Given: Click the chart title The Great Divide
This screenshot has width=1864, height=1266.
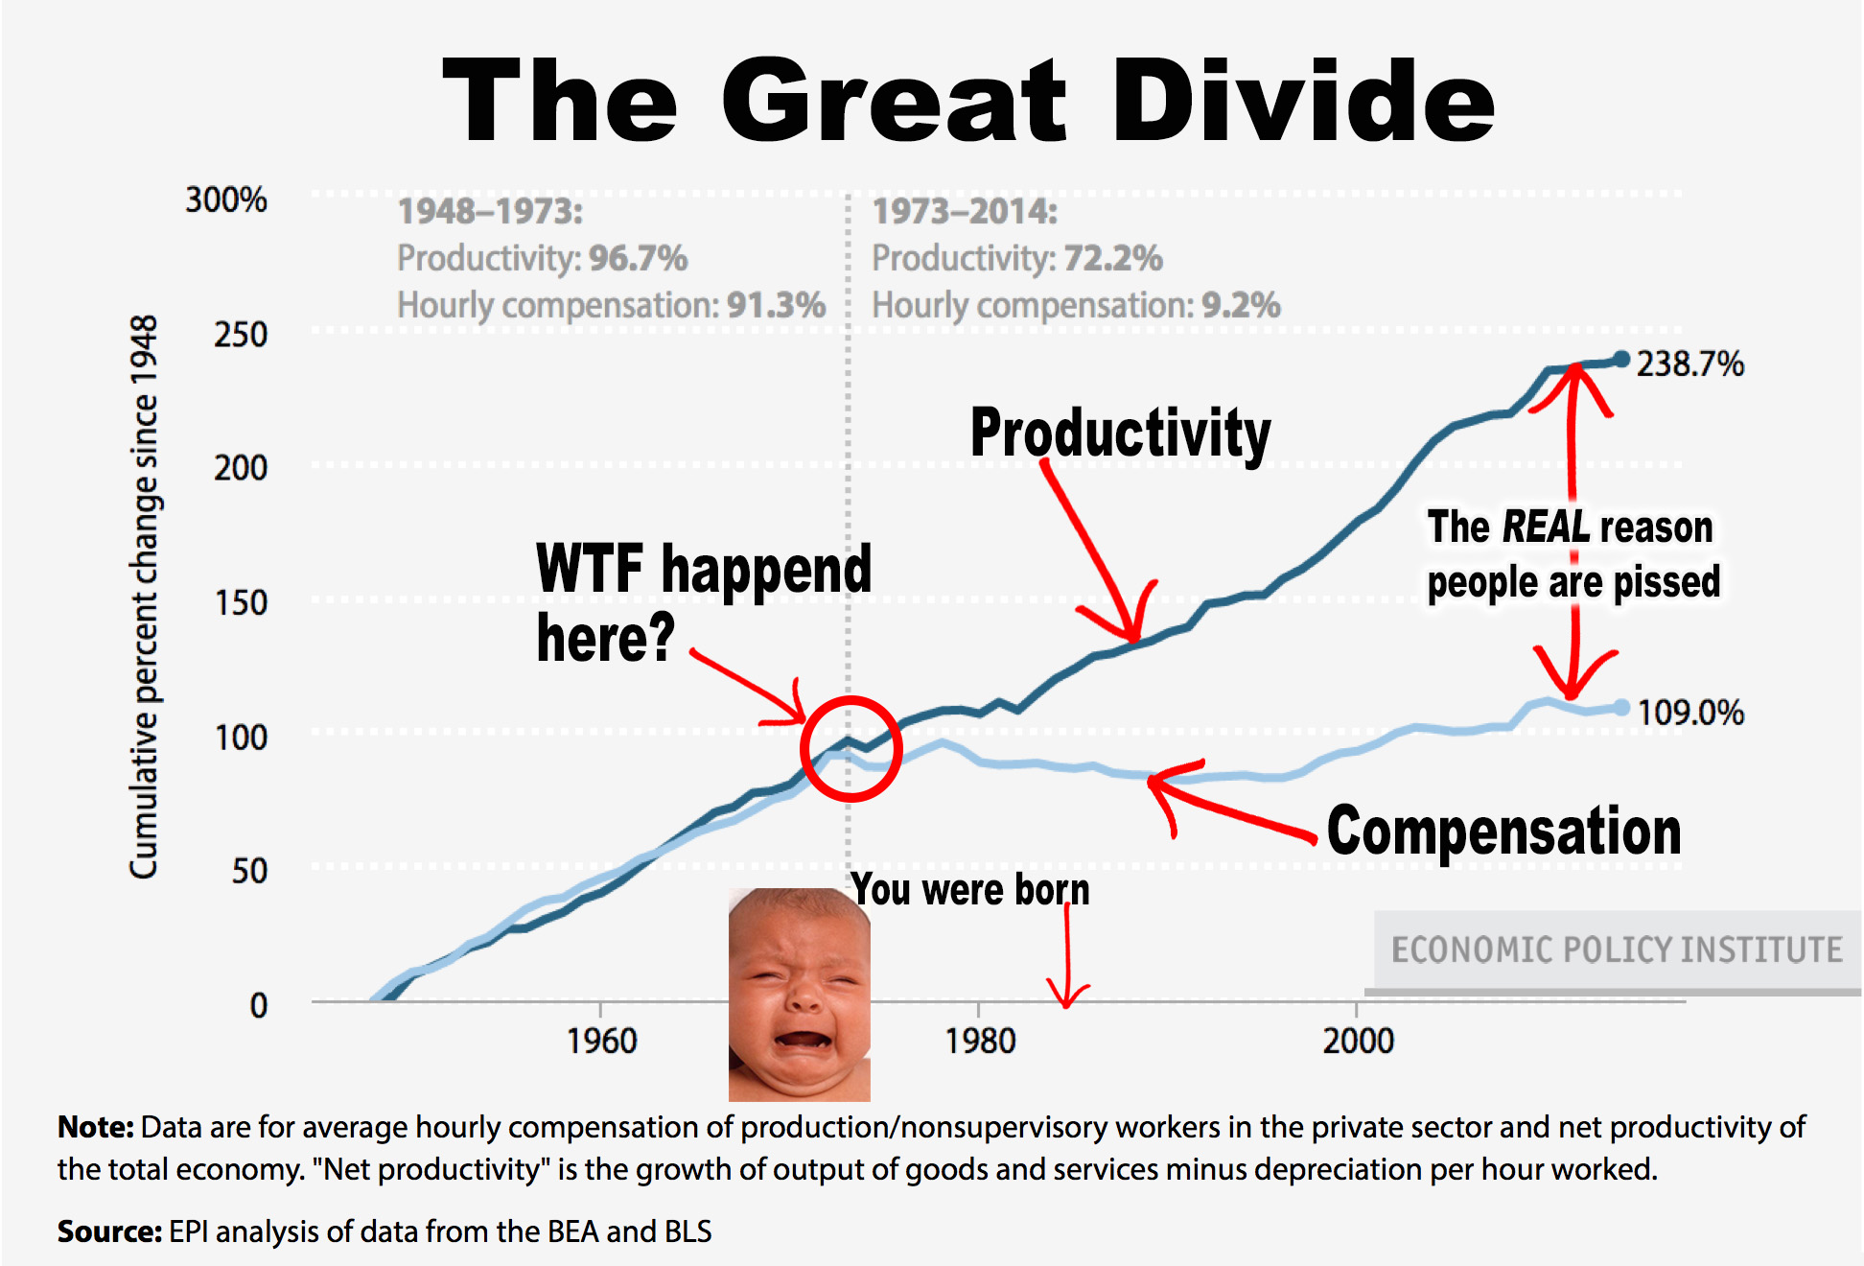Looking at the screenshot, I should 968,101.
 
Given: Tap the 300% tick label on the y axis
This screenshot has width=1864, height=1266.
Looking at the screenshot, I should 226,200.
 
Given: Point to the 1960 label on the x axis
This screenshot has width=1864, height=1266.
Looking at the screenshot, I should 601,1041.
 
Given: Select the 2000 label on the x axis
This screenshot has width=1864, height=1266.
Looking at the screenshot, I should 1358,1041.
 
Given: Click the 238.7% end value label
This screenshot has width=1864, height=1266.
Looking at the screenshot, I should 1689,364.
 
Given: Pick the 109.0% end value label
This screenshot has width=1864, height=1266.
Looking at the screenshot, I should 1689,713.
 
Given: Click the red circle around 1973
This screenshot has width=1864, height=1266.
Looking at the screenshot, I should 850,749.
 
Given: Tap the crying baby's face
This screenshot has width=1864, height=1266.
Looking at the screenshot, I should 798,993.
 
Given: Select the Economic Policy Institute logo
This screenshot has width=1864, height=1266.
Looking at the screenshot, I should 1617,949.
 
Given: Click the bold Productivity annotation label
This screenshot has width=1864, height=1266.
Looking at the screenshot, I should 1120,434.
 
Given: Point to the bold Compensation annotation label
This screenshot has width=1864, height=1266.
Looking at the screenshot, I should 1503,831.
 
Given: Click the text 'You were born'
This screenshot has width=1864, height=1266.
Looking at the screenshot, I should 970,890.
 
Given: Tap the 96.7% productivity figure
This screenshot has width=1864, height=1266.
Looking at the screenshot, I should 638,258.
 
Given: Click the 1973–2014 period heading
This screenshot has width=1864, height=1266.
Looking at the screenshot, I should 965,211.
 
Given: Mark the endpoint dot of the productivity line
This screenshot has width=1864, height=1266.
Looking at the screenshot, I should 1621,360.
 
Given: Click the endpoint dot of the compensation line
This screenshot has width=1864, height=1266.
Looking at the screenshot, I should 1621,708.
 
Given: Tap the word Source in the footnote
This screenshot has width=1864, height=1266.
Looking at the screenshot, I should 108,1231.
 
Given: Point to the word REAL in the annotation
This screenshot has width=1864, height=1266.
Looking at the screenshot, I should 1546,527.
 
